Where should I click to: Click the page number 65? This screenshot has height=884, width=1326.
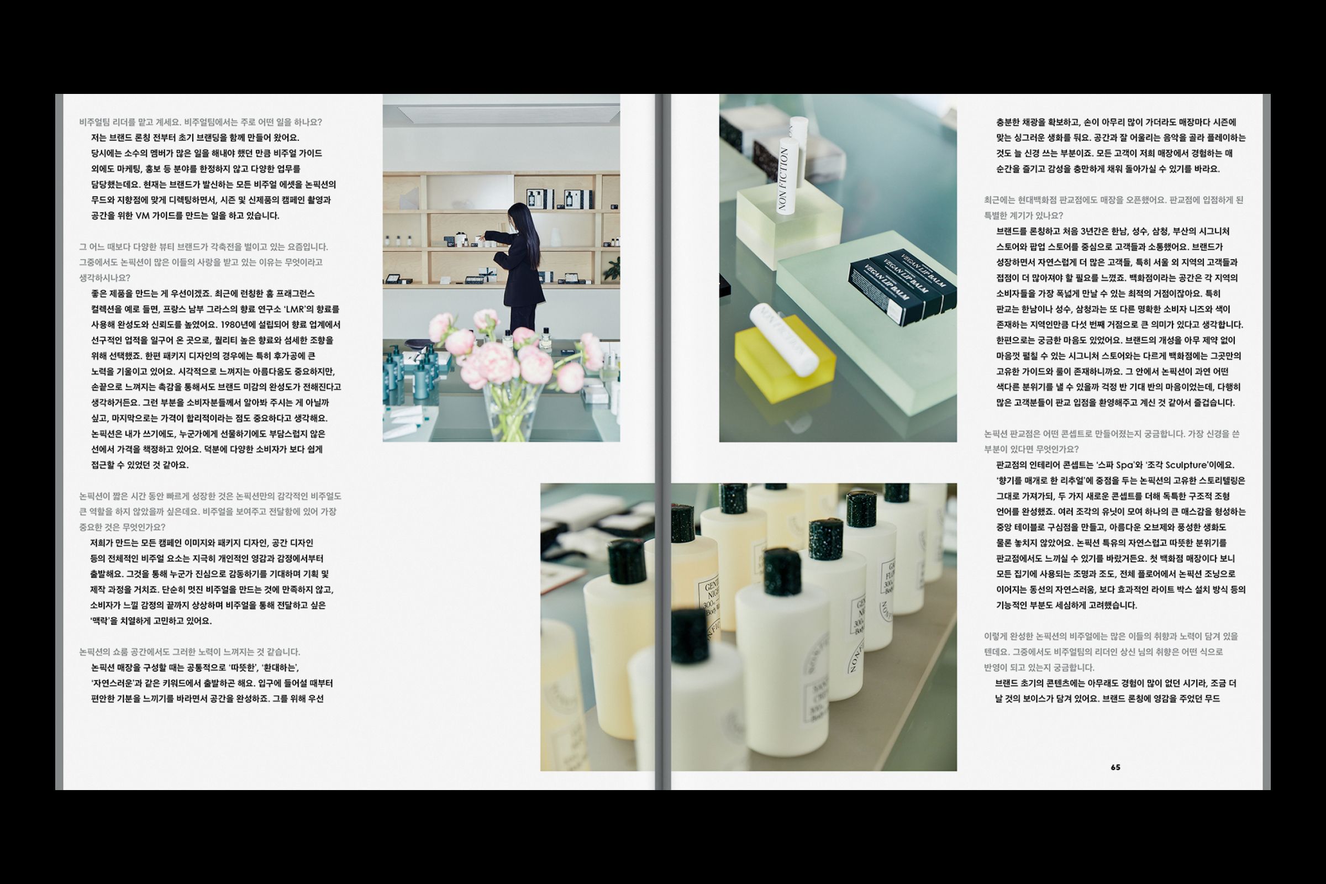tap(1115, 767)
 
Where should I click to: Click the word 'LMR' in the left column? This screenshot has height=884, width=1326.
tap(295, 309)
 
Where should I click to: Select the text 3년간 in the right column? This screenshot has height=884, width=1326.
tap(1093, 231)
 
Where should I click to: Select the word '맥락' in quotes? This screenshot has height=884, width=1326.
tap(105, 620)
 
